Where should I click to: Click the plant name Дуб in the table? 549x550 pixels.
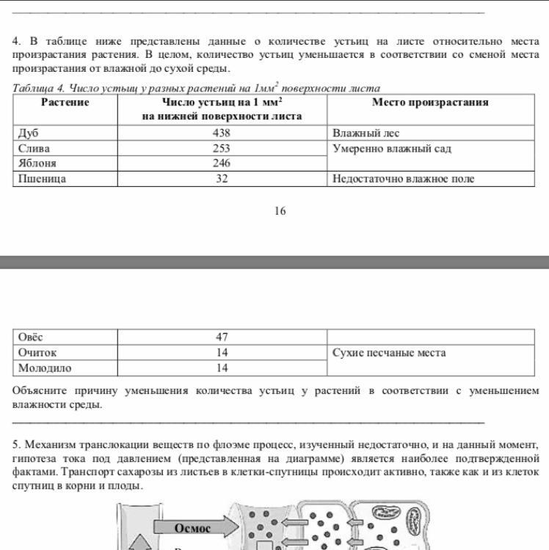click(x=28, y=133)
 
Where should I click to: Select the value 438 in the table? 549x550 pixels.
click(x=222, y=133)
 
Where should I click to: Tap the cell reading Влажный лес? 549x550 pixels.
click(x=366, y=133)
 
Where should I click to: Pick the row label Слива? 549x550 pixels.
click(x=34, y=149)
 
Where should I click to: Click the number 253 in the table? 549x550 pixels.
click(x=222, y=149)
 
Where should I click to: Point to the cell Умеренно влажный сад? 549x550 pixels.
click(x=392, y=149)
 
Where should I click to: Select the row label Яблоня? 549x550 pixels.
click(x=37, y=164)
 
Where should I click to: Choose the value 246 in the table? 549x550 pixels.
click(x=222, y=164)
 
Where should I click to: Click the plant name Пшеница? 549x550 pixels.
click(x=42, y=178)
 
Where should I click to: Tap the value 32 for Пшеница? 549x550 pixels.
click(x=222, y=178)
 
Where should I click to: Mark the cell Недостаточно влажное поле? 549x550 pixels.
click(x=403, y=178)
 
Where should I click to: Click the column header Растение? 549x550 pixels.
click(x=65, y=103)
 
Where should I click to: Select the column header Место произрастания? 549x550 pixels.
click(x=430, y=103)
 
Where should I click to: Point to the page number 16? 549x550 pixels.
click(x=280, y=211)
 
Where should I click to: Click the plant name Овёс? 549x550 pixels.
click(x=30, y=337)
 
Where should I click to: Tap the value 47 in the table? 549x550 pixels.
click(x=222, y=337)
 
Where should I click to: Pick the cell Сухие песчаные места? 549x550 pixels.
click(x=389, y=353)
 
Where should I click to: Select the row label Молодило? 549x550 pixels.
click(x=45, y=368)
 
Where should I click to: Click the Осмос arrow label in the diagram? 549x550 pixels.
click(x=192, y=528)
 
